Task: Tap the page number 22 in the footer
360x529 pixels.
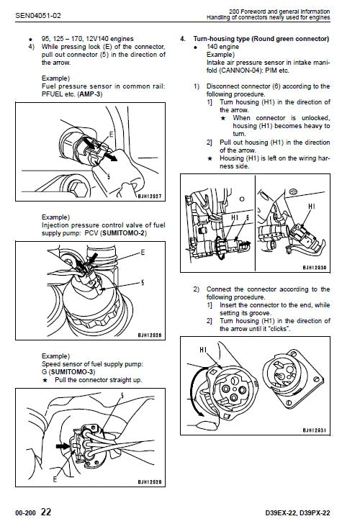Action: tap(45, 512)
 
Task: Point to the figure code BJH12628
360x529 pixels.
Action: tap(150, 335)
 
